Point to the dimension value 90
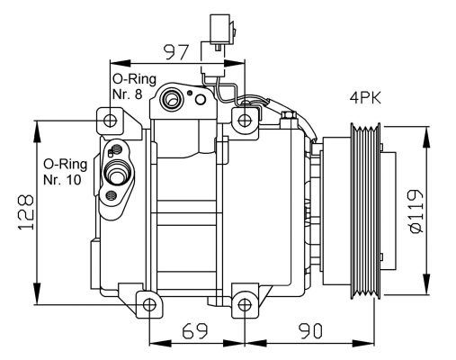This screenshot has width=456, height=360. click(310, 331)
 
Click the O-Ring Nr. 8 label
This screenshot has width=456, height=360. click(129, 87)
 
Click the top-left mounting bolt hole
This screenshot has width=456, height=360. click(110, 121)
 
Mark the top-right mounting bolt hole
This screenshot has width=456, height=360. click(245, 120)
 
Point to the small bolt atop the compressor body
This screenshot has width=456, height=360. click(289, 115)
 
